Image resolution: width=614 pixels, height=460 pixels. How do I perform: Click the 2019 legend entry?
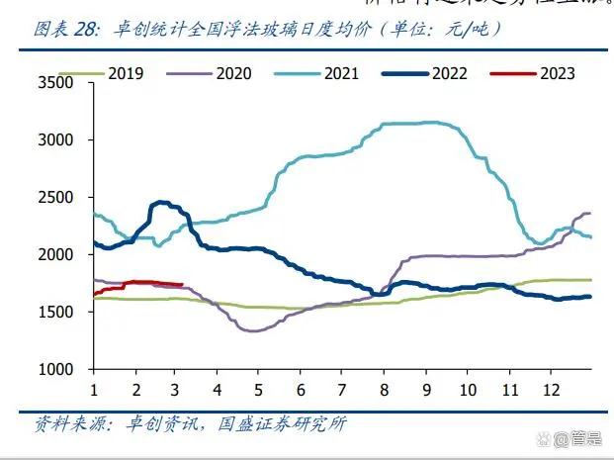coord(126,73)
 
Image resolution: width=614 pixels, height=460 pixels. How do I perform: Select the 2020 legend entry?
coord(232,73)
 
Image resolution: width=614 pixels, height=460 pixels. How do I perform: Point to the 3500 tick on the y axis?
coord(56,83)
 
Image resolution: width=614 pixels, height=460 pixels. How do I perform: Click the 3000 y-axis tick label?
coord(56,140)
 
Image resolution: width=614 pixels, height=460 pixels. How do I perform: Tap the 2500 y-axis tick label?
coord(56,198)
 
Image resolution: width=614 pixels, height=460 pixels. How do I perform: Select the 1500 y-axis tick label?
coord(56,313)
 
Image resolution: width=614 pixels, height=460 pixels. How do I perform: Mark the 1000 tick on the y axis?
coord(56,370)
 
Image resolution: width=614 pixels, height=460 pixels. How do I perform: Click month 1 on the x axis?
coord(94,388)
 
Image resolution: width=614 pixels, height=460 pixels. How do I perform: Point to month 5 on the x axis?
coord(258,388)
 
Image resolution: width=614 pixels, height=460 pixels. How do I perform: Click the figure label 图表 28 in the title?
coord(67,30)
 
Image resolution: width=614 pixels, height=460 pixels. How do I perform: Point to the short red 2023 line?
coord(138,283)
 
